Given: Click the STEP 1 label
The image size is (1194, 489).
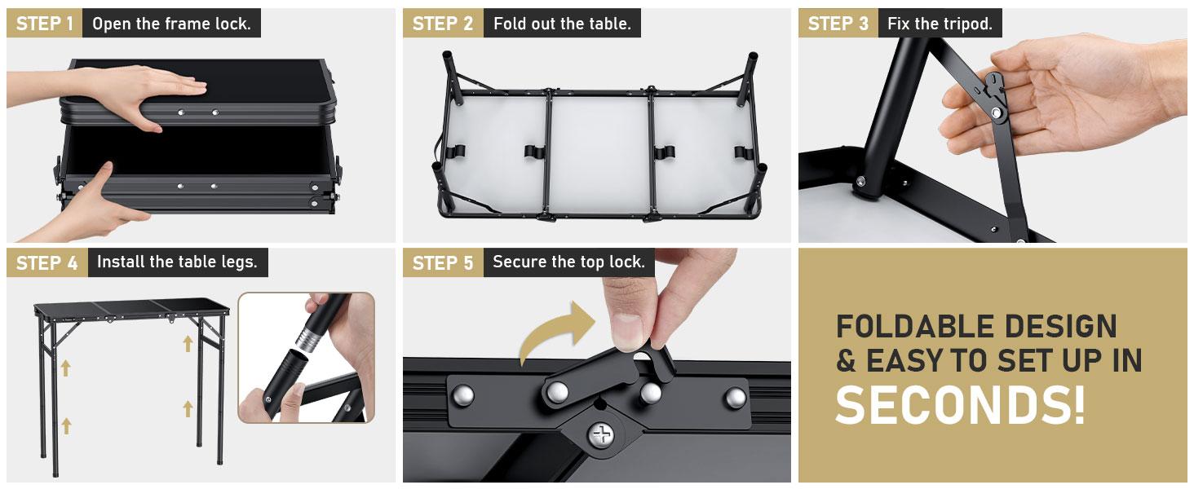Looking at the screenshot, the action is click(x=45, y=24).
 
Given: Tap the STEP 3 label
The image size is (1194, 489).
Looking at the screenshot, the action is click(x=838, y=24).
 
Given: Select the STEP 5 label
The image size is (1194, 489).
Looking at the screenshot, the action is click(x=443, y=262).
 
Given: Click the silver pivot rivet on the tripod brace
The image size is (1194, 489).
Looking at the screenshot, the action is click(x=995, y=112).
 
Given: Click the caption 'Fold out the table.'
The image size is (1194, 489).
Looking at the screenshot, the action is click(x=563, y=24).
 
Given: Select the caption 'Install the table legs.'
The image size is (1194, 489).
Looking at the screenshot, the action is click(x=177, y=262).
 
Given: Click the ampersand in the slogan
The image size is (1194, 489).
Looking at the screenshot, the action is click(x=846, y=360).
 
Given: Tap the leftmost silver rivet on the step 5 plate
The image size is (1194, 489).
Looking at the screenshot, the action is click(x=462, y=396).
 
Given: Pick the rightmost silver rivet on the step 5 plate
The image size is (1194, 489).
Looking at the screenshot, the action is click(x=736, y=398).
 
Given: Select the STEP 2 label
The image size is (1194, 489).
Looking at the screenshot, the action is click(x=443, y=24).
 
